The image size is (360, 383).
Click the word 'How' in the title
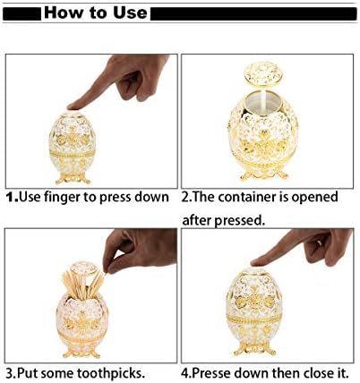click(66, 13)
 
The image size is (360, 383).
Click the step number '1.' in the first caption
click(13, 195)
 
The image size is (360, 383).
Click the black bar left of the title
click(23, 13)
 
